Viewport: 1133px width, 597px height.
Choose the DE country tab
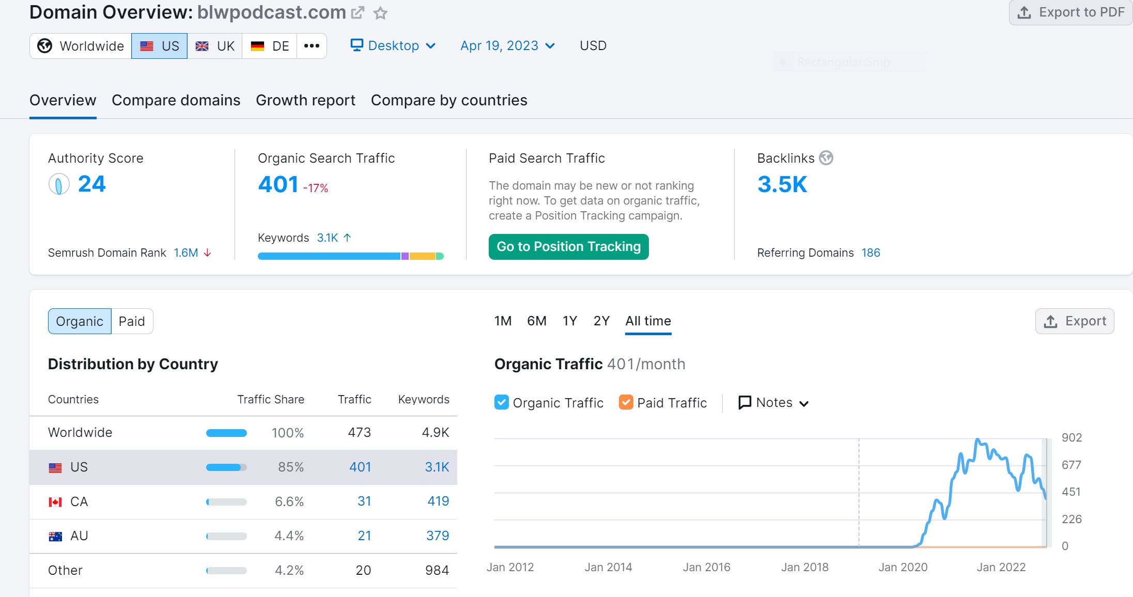270,46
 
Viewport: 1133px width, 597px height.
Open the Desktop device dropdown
393,46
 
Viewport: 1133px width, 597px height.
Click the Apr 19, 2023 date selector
507,46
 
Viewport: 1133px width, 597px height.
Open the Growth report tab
305,100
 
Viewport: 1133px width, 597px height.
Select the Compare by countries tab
449,100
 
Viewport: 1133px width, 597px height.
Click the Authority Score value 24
91,184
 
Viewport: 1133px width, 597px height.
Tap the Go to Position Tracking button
568,247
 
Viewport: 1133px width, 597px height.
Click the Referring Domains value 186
871,253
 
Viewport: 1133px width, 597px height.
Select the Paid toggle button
132,321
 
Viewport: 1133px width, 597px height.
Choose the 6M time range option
536,321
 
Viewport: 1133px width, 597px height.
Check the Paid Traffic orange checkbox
626,402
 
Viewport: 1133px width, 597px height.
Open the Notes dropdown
773,403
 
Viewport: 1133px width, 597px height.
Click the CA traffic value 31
364,501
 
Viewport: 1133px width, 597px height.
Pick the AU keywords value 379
437,536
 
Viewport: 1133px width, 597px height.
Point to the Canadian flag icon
55,502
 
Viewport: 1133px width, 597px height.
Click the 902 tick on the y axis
1072,438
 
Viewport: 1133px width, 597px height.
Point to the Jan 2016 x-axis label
706,567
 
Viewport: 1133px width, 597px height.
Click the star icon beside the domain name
380,13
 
